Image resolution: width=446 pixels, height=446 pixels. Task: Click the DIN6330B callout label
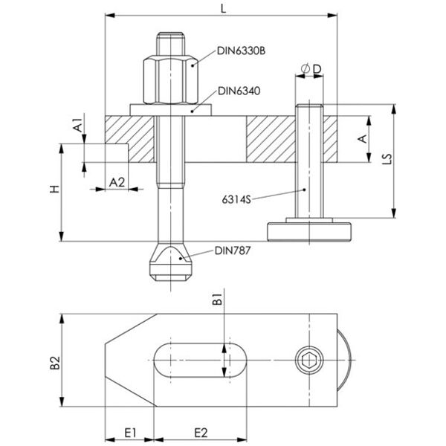pyautogui.click(x=242, y=51)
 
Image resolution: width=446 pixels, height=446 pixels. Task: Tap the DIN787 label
pyautogui.click(x=233, y=251)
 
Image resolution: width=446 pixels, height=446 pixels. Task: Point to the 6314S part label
pyautogui.click(x=237, y=199)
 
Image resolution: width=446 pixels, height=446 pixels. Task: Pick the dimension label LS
pyautogui.click(x=406, y=161)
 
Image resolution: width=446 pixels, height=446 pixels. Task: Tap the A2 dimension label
pyautogui.click(x=117, y=181)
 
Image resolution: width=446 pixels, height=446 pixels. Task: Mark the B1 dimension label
pyautogui.click(x=218, y=302)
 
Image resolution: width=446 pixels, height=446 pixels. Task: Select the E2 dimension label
pyautogui.click(x=201, y=432)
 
